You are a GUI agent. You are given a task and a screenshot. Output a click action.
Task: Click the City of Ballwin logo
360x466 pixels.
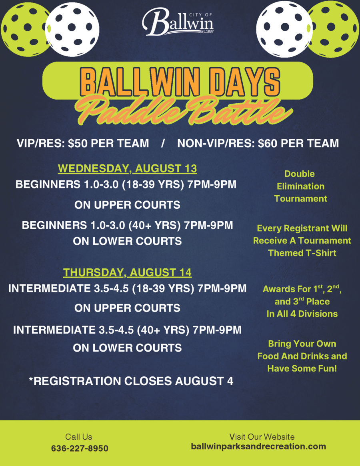(x=178, y=22)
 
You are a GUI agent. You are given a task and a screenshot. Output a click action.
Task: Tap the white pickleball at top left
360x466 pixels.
(x=72, y=29)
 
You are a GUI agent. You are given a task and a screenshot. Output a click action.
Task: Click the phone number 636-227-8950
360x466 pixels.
(x=80, y=448)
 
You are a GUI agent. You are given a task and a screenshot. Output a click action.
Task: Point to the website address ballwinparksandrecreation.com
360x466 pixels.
(x=258, y=446)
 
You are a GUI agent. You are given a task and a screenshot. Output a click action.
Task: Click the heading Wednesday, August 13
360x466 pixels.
(x=127, y=168)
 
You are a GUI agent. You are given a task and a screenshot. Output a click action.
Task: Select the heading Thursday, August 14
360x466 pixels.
(x=127, y=272)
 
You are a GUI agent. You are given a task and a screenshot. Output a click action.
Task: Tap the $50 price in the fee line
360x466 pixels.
(x=78, y=143)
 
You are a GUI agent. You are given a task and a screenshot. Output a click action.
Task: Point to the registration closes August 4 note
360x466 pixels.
(x=131, y=381)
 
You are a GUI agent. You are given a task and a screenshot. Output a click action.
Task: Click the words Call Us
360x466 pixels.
(x=79, y=436)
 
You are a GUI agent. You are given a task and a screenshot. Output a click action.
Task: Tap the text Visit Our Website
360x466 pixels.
(x=262, y=436)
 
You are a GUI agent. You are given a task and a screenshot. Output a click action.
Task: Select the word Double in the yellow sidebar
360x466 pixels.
(x=299, y=174)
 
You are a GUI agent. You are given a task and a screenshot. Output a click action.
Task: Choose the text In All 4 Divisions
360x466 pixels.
(x=302, y=314)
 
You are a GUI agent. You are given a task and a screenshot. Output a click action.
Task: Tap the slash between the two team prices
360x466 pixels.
(x=163, y=143)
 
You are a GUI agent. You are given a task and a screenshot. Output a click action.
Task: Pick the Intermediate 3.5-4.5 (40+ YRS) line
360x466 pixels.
(x=127, y=330)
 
